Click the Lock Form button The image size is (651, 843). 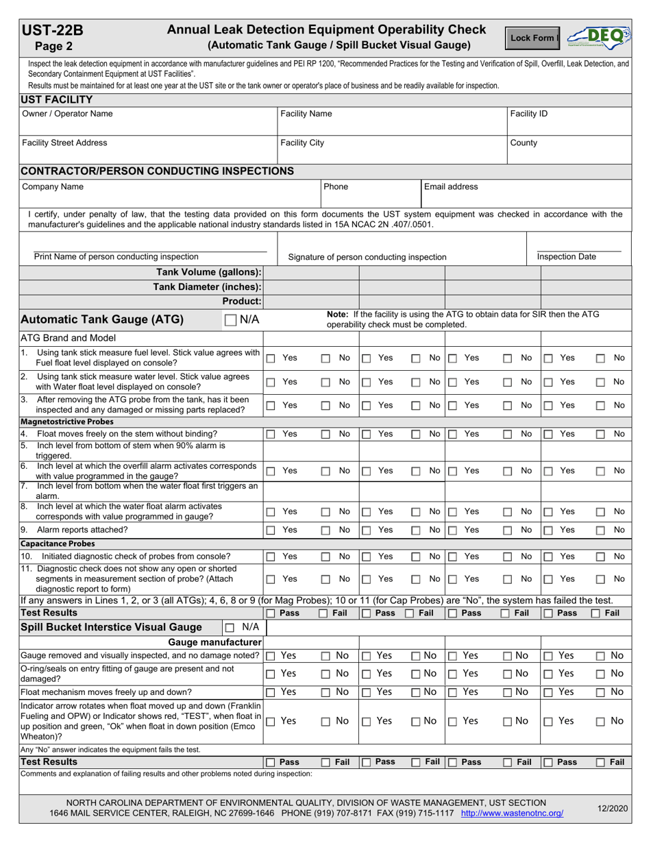532,38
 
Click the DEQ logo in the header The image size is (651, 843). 598,38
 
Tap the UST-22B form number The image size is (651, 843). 53,30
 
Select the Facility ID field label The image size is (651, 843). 529,114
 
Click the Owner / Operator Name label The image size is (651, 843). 68,114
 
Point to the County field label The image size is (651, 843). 524,143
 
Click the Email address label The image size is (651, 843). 451,186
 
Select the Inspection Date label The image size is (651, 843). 566,257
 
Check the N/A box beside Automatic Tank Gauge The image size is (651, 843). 230,319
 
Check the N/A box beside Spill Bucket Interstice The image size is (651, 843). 230,627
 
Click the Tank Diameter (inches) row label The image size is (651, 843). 207,286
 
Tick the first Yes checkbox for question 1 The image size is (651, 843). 271,358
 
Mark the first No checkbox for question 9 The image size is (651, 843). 326,530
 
